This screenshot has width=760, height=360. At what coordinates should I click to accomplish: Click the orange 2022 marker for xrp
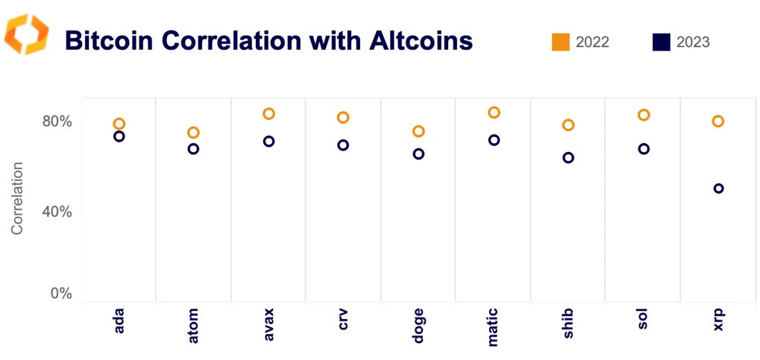click(x=718, y=121)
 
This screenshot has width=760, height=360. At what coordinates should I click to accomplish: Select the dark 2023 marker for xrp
click(x=718, y=189)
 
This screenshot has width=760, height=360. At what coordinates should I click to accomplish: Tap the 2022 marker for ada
click(x=119, y=124)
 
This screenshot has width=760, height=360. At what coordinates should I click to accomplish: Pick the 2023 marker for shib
click(x=568, y=158)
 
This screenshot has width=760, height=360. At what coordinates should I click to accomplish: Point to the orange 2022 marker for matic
click(x=493, y=113)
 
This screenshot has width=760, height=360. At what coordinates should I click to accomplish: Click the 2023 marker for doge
click(x=418, y=154)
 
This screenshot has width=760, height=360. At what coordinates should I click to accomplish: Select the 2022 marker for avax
click(x=268, y=114)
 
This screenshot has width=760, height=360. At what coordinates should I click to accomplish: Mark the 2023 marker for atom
click(x=193, y=149)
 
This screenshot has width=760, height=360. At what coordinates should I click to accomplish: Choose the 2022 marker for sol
click(x=644, y=115)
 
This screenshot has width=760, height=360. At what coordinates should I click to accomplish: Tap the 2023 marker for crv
click(x=343, y=145)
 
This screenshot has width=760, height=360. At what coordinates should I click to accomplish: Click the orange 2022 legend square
click(x=561, y=42)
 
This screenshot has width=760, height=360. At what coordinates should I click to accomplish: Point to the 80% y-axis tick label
click(x=56, y=121)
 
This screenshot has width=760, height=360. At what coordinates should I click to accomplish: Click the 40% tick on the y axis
click(x=56, y=212)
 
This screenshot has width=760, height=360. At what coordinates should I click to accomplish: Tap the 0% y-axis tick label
click(x=59, y=294)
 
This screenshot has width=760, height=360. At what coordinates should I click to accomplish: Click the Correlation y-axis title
click(x=17, y=198)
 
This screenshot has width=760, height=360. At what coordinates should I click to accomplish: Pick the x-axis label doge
click(x=418, y=325)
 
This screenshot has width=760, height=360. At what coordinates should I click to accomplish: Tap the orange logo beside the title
click(x=27, y=34)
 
